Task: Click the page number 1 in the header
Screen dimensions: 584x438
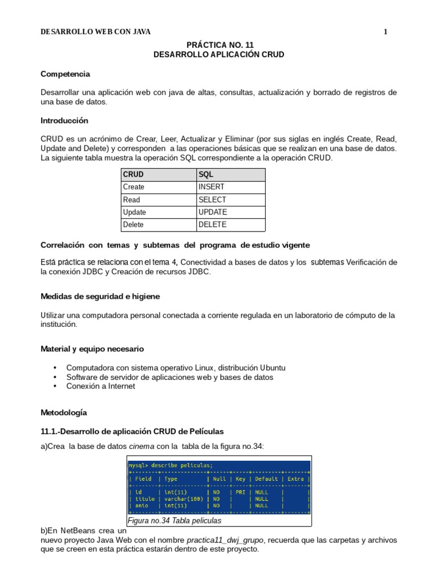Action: click(x=386, y=32)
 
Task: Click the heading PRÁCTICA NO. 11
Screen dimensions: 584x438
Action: click(x=219, y=44)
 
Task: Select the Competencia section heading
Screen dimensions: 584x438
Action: click(x=65, y=74)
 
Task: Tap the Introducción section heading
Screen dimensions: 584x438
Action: click(x=64, y=121)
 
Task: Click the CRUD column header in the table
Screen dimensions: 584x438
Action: click(x=133, y=175)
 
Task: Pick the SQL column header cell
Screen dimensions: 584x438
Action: click(x=206, y=175)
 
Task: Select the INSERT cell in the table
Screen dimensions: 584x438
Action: click(x=212, y=187)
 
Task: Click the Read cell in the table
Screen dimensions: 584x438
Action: click(x=131, y=200)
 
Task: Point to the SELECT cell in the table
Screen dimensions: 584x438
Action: click(x=212, y=200)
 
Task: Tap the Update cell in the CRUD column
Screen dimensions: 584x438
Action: click(x=135, y=212)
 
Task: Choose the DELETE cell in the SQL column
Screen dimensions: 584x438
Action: click(x=212, y=225)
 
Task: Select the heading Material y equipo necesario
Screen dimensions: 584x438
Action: click(x=92, y=348)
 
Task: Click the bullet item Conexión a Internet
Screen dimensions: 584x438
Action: click(x=101, y=386)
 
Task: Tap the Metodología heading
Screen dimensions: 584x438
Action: click(x=64, y=412)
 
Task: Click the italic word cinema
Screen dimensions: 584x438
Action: click(x=141, y=446)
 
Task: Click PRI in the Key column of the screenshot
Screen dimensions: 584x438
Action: click(x=240, y=491)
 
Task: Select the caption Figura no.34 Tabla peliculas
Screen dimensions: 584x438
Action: click(x=175, y=521)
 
